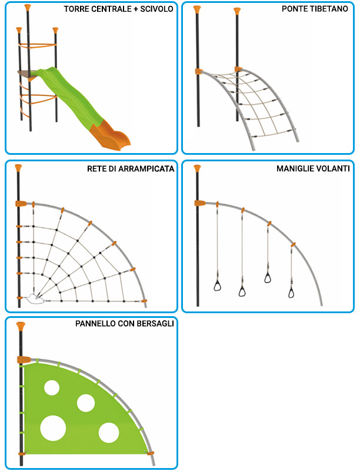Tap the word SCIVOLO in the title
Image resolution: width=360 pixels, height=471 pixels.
click(x=156, y=9)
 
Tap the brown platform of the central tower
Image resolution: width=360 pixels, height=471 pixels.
click(x=28, y=74)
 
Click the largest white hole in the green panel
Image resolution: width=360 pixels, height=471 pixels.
click(x=53, y=429)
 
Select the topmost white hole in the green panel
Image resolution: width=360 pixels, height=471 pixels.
click(x=52, y=387)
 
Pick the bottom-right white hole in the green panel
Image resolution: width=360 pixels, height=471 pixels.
click(x=109, y=433)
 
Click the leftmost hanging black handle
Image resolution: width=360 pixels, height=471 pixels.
click(x=218, y=286)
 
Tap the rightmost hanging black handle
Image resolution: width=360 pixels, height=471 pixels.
click(x=291, y=292)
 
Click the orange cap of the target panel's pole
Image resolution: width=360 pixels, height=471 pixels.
click(x=21, y=327)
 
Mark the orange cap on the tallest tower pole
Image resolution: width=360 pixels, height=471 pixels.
click(x=28, y=8)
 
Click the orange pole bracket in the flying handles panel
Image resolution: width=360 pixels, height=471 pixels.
click(x=199, y=203)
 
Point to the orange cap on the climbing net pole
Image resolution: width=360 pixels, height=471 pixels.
click(x=18, y=168)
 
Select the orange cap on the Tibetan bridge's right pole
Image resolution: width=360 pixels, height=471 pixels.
click(x=237, y=11)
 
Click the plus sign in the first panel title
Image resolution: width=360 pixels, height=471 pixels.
click(x=135, y=9)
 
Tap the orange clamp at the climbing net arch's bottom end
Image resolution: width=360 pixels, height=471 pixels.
click(x=144, y=301)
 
